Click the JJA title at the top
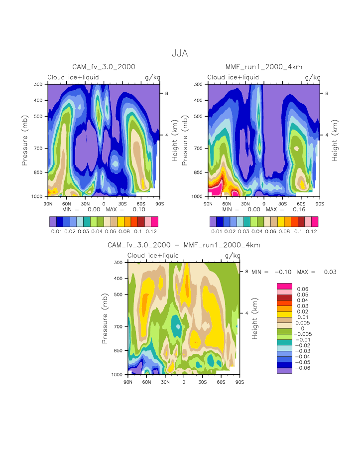(x=179, y=53)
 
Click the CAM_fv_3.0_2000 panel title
(x=104, y=67)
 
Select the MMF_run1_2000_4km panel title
(x=263, y=67)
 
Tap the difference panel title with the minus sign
(x=184, y=245)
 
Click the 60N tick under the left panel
(x=67, y=204)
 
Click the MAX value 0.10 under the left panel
(x=139, y=210)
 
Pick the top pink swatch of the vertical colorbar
(x=284, y=286)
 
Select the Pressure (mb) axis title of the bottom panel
(x=105, y=318)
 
